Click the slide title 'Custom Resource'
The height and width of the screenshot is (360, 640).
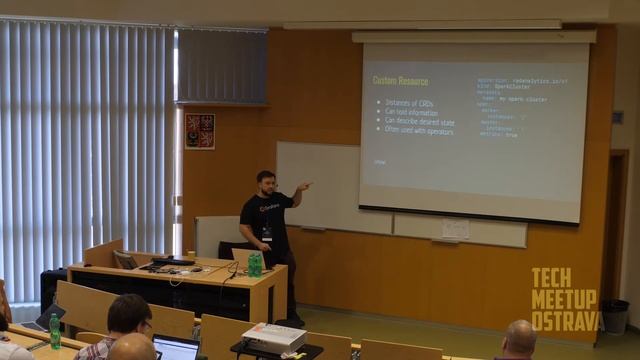[x=400, y=80]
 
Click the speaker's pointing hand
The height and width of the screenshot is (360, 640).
[x=304, y=185]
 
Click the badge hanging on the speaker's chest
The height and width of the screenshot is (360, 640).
[x=267, y=233]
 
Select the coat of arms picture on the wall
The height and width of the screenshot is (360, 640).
[x=199, y=131]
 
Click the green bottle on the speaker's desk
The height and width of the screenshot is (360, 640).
[x=255, y=264]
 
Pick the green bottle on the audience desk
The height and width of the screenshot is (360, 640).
[x=55, y=331]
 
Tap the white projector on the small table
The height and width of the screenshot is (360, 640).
[x=273, y=337]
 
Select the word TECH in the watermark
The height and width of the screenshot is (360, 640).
[x=551, y=278]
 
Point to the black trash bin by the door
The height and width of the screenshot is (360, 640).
[x=615, y=316]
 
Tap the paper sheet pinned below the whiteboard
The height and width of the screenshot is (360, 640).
[x=455, y=229]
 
